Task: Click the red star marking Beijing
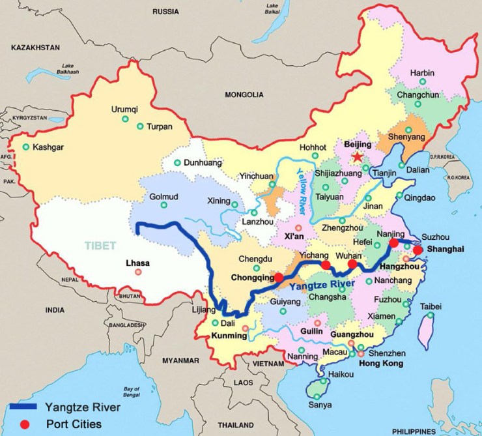point(356,157)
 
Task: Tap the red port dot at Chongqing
point(279,277)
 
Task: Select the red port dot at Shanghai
point(418,249)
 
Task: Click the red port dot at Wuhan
point(352,264)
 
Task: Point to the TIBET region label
point(100,246)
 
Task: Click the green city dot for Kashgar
point(26,147)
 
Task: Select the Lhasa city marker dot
point(138,272)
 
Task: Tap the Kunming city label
point(230,336)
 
